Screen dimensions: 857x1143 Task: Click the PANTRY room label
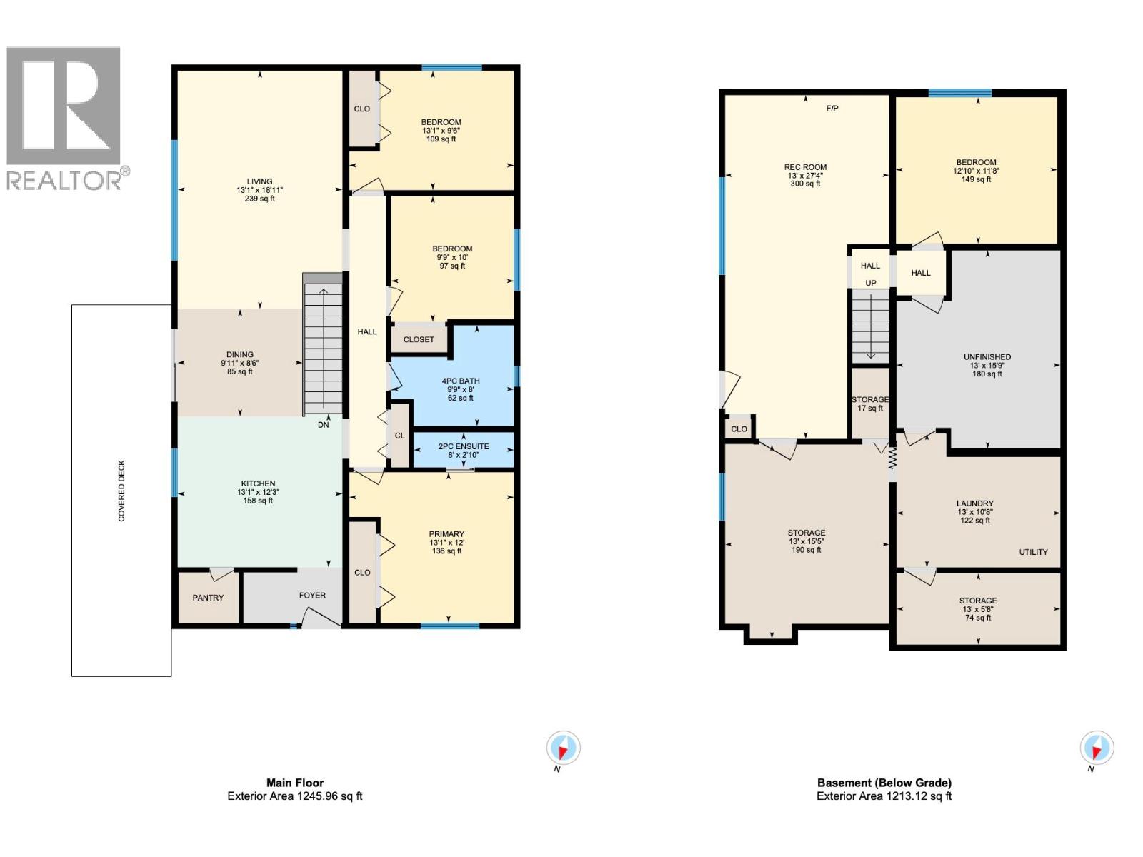pyautogui.click(x=208, y=598)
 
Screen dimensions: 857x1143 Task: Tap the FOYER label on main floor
pyautogui.click(x=312, y=595)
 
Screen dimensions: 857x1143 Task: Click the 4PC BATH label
pyautogui.click(x=461, y=381)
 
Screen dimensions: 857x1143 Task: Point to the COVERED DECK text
pyautogui.click(x=121, y=491)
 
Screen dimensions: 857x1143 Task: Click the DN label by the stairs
pyautogui.click(x=324, y=424)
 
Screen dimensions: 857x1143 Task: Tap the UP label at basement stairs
pyautogui.click(x=870, y=283)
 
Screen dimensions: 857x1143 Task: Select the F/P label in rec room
pyautogui.click(x=832, y=109)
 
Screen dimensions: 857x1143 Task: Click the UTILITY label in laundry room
pyautogui.click(x=1033, y=552)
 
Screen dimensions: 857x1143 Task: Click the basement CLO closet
pyautogui.click(x=739, y=429)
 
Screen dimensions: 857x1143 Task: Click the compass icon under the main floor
pyautogui.click(x=563, y=749)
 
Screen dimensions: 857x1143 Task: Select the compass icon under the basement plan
pyautogui.click(x=1096, y=749)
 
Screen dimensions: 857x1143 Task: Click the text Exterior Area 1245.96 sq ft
pyautogui.click(x=295, y=796)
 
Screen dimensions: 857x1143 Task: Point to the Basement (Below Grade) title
pyautogui.click(x=884, y=783)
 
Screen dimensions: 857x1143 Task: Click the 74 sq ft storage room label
pyautogui.click(x=978, y=618)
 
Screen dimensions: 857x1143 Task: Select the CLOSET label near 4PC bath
pyautogui.click(x=419, y=339)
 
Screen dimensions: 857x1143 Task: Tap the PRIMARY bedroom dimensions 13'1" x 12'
pyautogui.click(x=446, y=543)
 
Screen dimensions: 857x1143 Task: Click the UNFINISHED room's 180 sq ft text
pyautogui.click(x=987, y=374)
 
